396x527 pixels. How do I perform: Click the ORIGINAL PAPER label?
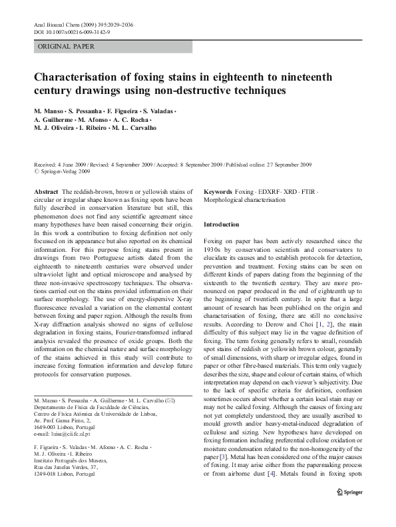coord(66,47)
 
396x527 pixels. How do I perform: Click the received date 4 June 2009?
coord(75,164)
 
